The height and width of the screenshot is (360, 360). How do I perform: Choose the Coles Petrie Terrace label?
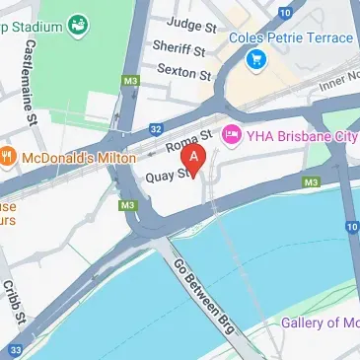(290, 37)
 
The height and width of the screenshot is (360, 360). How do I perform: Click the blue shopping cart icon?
(258, 60)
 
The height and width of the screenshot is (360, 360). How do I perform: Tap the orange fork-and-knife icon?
(6, 155)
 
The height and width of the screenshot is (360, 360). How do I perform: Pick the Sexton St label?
(182, 74)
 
